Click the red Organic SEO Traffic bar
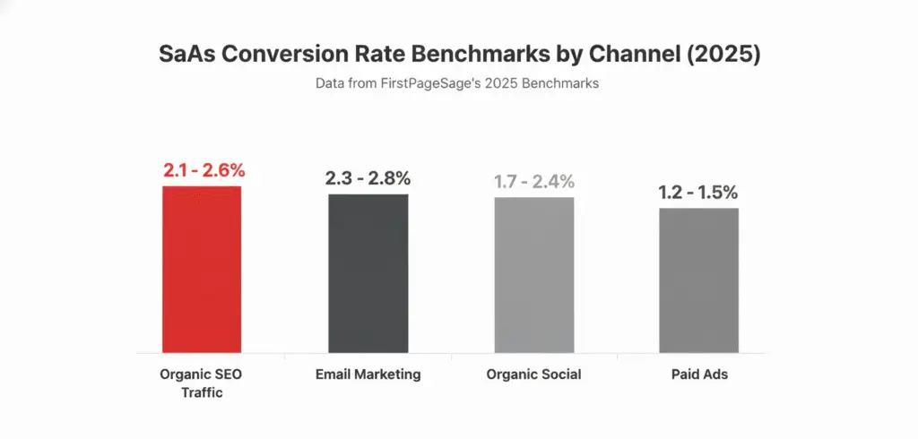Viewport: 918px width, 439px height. [x=202, y=269]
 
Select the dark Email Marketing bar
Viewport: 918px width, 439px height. [x=368, y=272]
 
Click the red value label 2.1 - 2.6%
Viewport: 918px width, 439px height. [x=204, y=170]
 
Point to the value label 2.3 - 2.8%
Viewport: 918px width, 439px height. [x=368, y=177]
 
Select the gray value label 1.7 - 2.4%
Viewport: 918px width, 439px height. [x=535, y=182]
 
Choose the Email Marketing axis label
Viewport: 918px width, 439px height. [x=368, y=374]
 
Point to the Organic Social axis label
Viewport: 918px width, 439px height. [x=534, y=374]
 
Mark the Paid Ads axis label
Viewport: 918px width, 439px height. [x=699, y=374]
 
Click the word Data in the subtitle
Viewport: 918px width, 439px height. [x=330, y=83]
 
